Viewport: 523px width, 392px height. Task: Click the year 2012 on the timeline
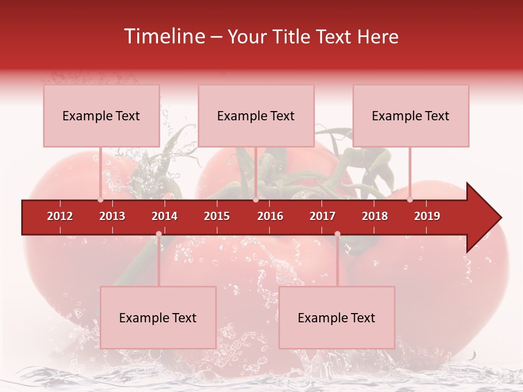coord(60,216)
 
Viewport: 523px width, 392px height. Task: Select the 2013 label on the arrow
coord(112,216)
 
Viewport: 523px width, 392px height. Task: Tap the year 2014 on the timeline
coord(165,216)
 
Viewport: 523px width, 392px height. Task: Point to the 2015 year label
coord(217,216)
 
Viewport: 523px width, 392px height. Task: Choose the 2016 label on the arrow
coord(270,216)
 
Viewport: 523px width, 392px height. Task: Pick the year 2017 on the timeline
coord(323,216)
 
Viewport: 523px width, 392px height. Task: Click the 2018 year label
coord(375,216)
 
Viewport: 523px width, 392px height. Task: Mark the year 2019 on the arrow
coord(427,216)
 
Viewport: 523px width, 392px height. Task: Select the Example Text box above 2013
coord(101,115)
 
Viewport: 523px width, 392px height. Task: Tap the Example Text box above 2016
coord(256,115)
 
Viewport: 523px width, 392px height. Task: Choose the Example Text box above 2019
coord(411,115)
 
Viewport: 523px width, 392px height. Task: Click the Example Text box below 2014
coord(158,317)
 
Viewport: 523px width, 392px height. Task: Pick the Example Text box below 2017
coord(337,317)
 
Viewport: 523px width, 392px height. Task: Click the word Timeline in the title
coord(164,36)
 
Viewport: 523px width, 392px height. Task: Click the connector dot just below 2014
coord(159,234)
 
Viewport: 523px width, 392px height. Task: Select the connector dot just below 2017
coord(337,234)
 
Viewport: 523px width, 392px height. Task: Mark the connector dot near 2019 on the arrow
coord(410,200)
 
